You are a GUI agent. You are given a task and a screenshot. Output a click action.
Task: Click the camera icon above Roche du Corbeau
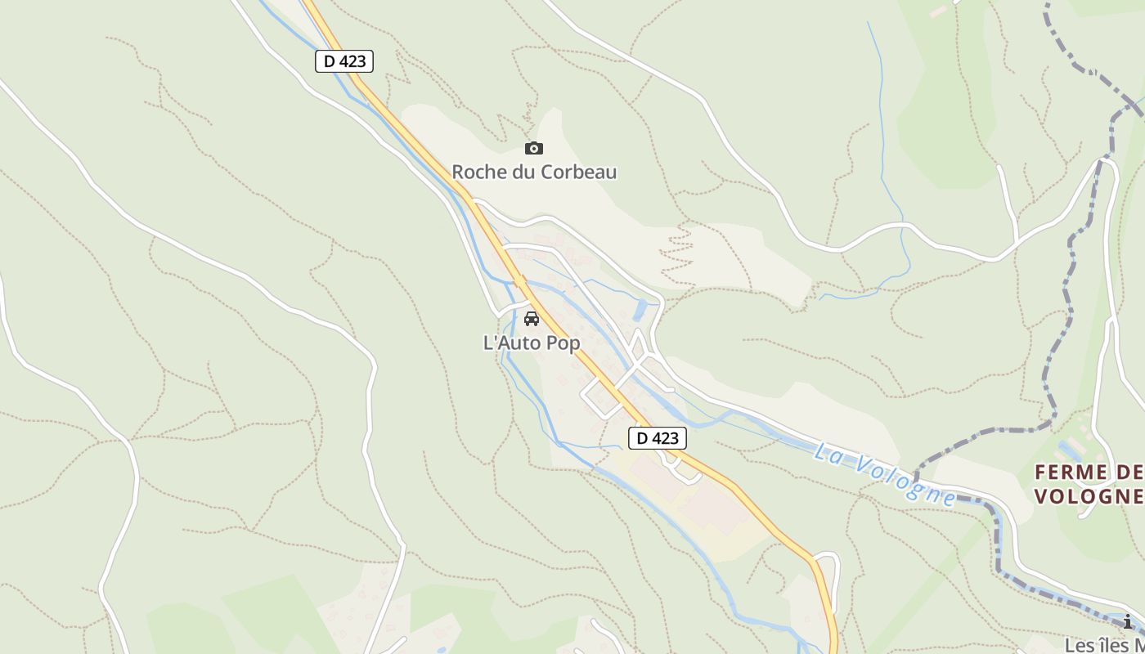(533, 148)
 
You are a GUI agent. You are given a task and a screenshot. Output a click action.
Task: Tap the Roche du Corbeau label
(534, 172)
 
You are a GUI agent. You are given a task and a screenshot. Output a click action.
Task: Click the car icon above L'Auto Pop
(532, 319)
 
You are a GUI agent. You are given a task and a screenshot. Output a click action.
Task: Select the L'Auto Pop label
(532, 343)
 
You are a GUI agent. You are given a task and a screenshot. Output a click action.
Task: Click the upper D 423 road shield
(344, 61)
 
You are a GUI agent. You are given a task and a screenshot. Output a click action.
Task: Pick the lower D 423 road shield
(658, 438)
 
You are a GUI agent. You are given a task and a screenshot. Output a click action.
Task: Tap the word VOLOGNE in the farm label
(1089, 496)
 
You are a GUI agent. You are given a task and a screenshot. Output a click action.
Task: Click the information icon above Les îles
(1128, 622)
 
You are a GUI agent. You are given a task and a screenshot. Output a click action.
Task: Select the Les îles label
(1104, 645)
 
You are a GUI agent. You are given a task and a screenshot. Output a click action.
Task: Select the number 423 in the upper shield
(352, 61)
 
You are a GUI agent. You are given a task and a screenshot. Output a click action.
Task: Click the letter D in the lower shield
(643, 438)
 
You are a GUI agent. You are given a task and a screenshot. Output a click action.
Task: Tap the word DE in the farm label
(1129, 473)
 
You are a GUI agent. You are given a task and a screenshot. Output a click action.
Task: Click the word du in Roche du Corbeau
(524, 172)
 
